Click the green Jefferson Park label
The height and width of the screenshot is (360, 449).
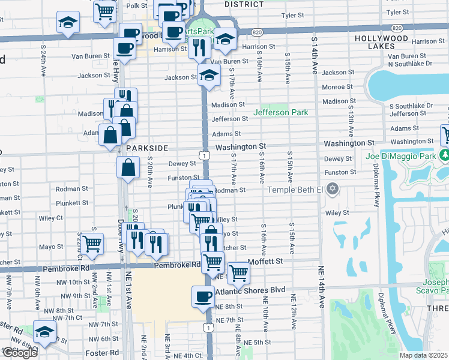[280, 112]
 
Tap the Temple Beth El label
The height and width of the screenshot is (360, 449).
[295, 190]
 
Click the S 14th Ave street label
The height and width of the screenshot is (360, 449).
[314, 54]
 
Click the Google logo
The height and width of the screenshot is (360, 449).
[19, 353]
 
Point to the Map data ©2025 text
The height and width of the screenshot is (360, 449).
[424, 355]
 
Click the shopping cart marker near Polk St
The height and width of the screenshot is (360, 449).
[104, 10]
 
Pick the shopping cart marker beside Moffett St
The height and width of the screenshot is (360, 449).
[239, 271]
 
